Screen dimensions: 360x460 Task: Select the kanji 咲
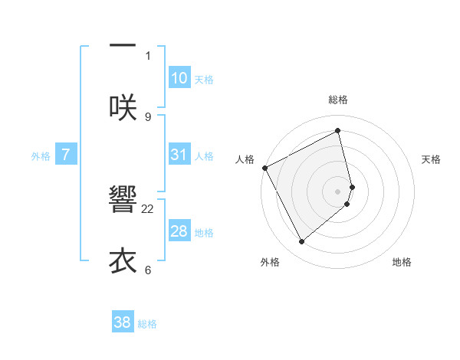point(123,106)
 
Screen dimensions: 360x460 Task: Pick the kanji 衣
point(123,260)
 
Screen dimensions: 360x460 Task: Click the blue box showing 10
point(179,78)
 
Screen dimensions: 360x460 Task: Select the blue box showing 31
point(179,155)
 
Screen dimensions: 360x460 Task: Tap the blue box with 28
point(179,231)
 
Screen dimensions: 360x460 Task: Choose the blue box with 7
point(66,155)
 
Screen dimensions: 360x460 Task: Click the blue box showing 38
point(123,322)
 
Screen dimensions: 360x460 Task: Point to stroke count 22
point(148,208)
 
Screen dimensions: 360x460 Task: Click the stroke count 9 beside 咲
point(148,116)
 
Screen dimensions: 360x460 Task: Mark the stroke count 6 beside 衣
point(148,270)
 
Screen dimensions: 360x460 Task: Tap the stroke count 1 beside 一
point(148,55)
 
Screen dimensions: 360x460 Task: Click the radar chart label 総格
point(338,100)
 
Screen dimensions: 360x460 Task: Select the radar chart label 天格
point(432,159)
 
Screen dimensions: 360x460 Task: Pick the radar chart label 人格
point(245,159)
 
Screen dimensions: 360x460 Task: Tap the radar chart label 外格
point(270,262)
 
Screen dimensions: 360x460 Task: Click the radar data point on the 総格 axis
point(338,131)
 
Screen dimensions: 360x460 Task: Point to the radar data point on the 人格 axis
point(264,167)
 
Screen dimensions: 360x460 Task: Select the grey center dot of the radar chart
point(338,190)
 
